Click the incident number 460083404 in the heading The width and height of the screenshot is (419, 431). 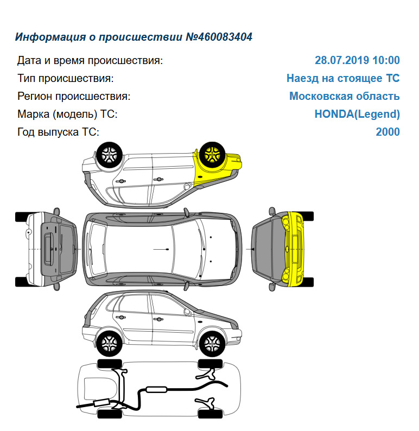point(219,37)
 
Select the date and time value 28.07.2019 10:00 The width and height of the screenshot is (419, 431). point(357,60)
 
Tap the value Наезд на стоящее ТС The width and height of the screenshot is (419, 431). point(343,78)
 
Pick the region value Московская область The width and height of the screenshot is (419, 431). point(345,96)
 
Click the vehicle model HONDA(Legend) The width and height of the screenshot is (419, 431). point(357,114)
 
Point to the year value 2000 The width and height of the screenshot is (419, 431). point(388,132)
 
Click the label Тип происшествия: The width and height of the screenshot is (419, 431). point(65,78)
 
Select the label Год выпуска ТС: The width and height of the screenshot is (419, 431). point(58,132)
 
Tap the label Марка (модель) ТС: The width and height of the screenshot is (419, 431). point(67,114)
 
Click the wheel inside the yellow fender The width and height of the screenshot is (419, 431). point(212,155)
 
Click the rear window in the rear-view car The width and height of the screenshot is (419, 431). point(67,249)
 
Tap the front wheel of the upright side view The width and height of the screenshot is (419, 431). point(212,344)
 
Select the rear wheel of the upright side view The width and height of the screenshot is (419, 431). point(109,344)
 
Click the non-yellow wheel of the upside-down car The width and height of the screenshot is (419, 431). point(109,155)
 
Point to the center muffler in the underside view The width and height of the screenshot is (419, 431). point(156,390)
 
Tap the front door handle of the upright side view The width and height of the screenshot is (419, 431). point(158,319)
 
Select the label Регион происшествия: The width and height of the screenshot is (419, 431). point(74,96)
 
